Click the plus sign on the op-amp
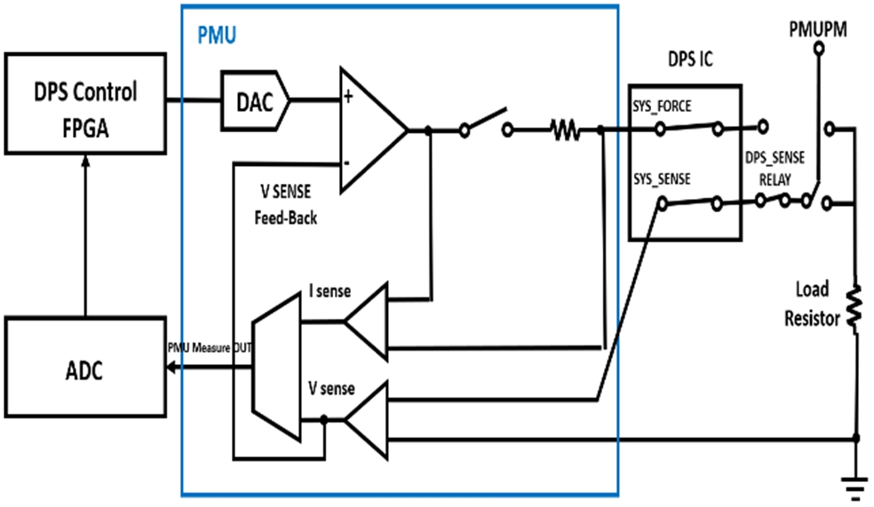(x=348, y=98)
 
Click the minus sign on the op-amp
(x=347, y=163)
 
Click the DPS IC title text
(x=690, y=60)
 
